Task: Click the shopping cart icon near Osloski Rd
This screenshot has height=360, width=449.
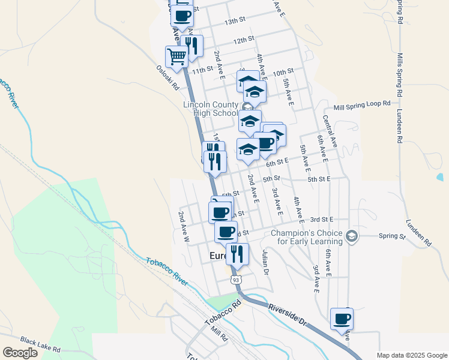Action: tap(176, 57)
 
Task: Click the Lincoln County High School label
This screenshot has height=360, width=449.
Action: tap(211, 109)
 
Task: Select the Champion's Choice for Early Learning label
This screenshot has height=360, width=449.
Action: tap(307, 237)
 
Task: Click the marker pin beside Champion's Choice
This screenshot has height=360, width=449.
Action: tap(352, 236)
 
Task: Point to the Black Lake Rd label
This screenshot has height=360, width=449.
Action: tap(40, 344)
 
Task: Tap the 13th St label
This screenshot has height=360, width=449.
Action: tap(235, 20)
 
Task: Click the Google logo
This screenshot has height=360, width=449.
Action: tap(20, 353)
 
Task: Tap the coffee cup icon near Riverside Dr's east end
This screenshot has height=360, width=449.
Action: tap(342, 319)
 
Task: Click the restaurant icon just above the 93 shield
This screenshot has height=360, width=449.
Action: tap(237, 254)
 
